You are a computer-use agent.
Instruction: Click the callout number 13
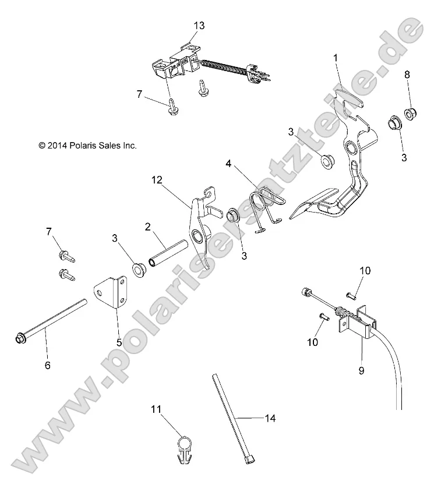(199, 26)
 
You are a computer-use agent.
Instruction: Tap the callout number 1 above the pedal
(336, 58)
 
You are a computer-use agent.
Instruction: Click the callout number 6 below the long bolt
(48, 365)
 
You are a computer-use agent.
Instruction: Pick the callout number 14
(270, 418)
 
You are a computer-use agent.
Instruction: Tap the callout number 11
(155, 410)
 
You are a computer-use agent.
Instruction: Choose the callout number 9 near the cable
(361, 370)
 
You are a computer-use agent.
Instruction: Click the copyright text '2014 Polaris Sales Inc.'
(87, 146)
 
